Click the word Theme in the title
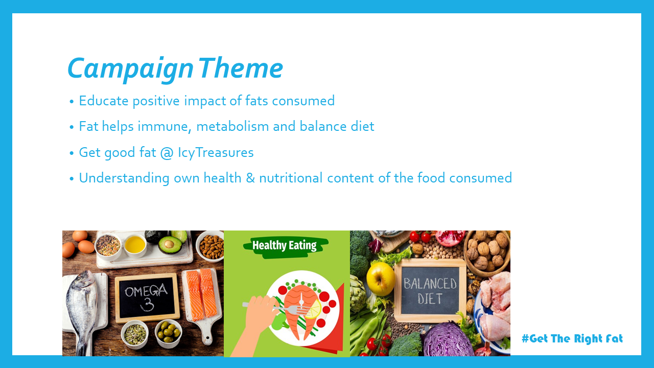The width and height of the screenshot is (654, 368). click(x=241, y=68)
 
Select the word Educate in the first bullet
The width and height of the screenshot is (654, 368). click(x=104, y=101)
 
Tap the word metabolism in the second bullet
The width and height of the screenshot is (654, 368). click(x=232, y=126)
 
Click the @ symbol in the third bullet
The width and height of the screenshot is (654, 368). click(x=167, y=153)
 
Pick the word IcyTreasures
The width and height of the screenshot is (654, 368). click(x=216, y=153)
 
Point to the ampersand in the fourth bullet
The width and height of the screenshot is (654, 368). click(x=250, y=178)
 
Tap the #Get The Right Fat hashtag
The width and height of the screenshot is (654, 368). click(x=572, y=338)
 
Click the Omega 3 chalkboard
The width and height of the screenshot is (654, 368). click(x=147, y=297)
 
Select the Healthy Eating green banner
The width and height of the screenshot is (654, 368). click(x=285, y=246)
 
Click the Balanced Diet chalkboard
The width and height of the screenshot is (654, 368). click(x=430, y=290)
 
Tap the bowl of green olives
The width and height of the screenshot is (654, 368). click(x=168, y=334)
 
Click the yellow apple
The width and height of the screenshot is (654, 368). click(x=381, y=279)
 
